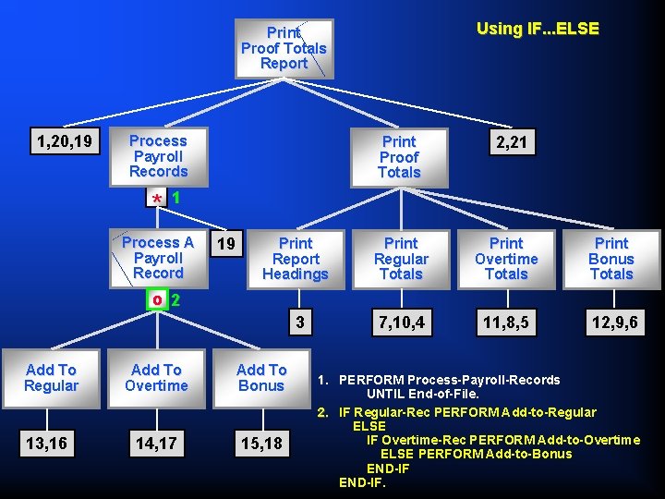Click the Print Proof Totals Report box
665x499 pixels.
(x=284, y=48)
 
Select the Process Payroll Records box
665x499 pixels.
(x=158, y=156)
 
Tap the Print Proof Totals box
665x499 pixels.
(x=399, y=157)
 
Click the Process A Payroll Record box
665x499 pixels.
(x=158, y=258)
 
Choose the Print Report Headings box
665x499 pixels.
(x=296, y=259)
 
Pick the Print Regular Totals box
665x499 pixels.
(x=401, y=259)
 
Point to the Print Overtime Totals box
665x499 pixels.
(x=506, y=259)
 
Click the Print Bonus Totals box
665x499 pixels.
(x=611, y=259)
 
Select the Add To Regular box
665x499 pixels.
(x=52, y=378)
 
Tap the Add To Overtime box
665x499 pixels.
(x=156, y=378)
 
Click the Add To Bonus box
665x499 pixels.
(x=261, y=378)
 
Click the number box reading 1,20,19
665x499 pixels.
(x=64, y=141)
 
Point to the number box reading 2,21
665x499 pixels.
(x=506, y=141)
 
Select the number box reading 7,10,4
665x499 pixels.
(x=401, y=323)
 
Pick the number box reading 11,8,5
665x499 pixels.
(x=506, y=323)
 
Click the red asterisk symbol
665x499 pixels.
(x=158, y=200)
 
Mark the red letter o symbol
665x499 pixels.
(x=158, y=300)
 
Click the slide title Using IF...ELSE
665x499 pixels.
(x=538, y=29)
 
